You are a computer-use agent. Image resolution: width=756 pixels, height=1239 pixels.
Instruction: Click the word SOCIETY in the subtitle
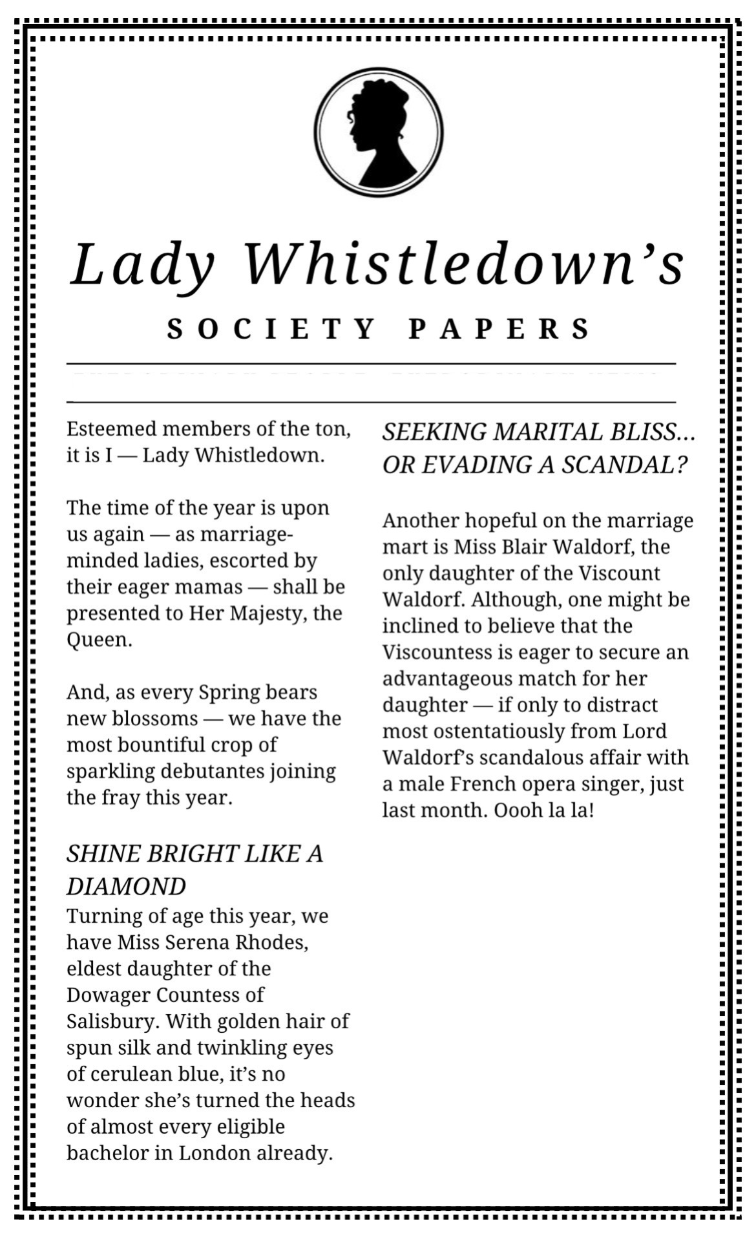[x=271, y=328]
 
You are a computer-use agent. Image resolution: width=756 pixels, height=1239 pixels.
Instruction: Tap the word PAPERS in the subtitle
[x=499, y=328]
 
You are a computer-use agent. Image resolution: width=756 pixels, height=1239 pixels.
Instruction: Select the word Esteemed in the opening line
[x=111, y=429]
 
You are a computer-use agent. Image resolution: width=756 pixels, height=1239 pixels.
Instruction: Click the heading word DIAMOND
[x=126, y=886]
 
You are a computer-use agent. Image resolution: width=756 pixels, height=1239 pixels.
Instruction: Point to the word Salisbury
[x=112, y=1021]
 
